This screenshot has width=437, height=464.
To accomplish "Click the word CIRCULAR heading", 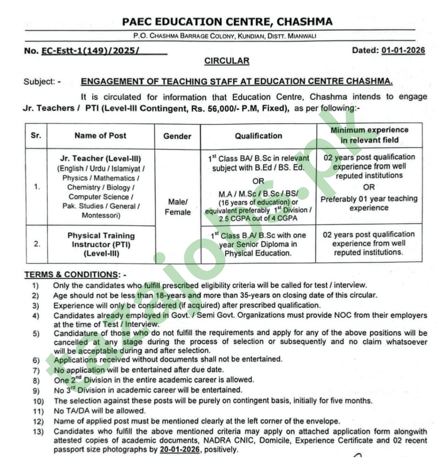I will coord(227,61).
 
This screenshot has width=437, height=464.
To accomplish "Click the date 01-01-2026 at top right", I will coord(403,50).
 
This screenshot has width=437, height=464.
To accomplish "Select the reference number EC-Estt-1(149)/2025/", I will coord(90,51).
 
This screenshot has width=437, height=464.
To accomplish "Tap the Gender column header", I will coord(177,136).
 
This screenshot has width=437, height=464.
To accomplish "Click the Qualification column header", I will coord(258,136).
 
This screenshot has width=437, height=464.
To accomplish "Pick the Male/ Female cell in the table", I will coord(177,207).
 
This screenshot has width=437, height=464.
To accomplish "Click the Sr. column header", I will coord(36,135).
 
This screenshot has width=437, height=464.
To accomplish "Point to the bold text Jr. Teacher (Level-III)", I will coord(100,158).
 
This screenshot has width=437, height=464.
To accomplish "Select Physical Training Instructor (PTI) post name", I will coord(101,240).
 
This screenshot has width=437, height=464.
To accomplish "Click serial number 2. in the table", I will coord(37,244).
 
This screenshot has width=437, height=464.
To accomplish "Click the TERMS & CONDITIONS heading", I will coord(71,274).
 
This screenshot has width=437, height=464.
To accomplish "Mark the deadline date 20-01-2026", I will coord(179,450).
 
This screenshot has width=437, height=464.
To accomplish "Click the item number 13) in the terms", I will coord(38,432).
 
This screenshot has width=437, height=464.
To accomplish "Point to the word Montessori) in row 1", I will coord(101,216).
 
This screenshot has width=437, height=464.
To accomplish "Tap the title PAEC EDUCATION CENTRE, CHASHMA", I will coord(227,22).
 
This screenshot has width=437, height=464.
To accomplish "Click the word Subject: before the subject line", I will coord(39,82).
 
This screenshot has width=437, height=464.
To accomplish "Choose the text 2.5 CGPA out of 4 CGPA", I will coord(258,218).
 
